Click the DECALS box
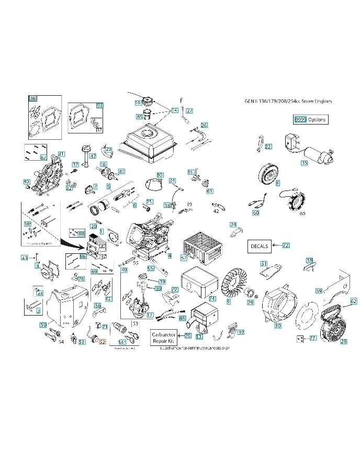tap(259, 245)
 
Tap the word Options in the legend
tap(317, 119)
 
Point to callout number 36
tap(33, 98)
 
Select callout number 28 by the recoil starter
tap(343, 342)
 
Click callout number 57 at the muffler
tap(184, 258)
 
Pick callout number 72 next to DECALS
tap(286, 245)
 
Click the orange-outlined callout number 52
tap(103, 342)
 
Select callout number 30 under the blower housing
tap(278, 326)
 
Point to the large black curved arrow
tap(70, 242)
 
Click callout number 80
tap(160, 175)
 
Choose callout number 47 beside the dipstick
tap(93, 156)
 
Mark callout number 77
tap(312, 339)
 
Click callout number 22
tap(268, 147)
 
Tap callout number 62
tap(353, 301)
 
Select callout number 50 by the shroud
tap(43, 325)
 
